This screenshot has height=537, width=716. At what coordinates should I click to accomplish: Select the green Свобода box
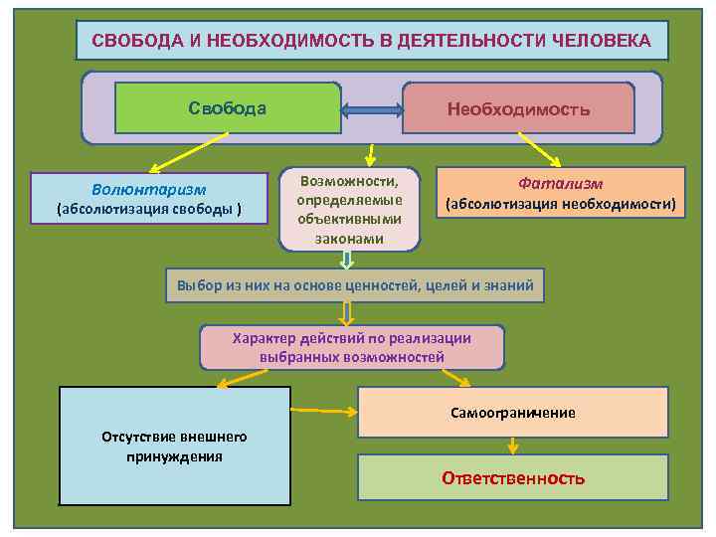point(228,107)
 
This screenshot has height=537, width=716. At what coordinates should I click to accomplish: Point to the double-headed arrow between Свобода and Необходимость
point(371,108)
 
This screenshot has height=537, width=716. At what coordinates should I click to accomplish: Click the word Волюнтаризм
point(149,189)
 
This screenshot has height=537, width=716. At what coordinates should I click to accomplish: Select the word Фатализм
point(561,184)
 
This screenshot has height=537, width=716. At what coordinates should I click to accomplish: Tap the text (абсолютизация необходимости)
point(561,205)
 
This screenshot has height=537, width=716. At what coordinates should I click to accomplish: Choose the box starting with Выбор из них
point(355,285)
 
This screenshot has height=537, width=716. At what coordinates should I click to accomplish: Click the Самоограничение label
point(512,413)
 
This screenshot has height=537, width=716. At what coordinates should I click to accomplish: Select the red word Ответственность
point(513,478)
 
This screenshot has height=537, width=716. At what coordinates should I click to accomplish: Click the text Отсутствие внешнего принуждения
point(175,447)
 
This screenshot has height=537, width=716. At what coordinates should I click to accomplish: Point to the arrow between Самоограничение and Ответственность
point(513,446)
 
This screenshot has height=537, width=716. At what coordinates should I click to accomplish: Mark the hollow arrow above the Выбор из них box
point(346,260)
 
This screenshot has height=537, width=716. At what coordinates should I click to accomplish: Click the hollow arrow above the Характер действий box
point(346,313)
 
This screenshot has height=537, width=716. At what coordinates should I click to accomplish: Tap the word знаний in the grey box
point(509,285)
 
